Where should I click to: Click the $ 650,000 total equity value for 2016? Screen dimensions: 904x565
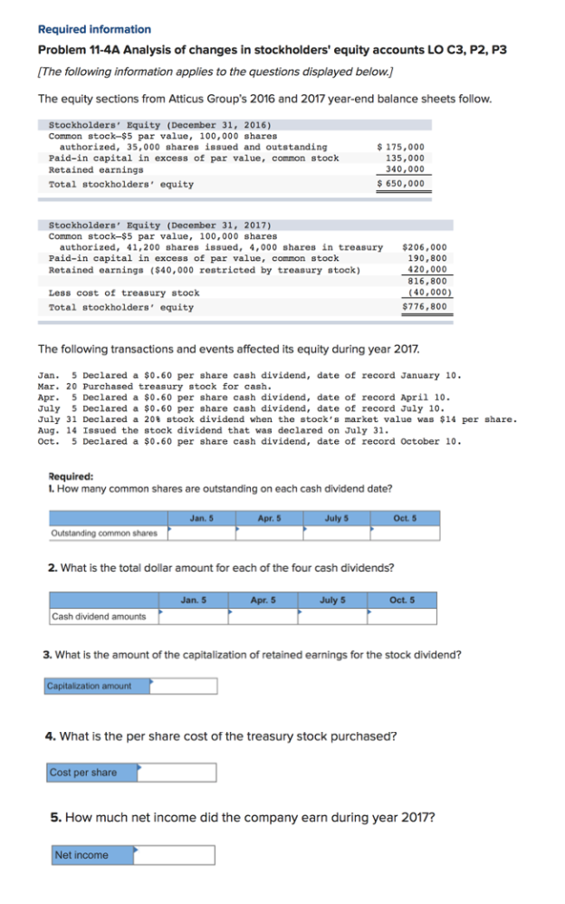400,184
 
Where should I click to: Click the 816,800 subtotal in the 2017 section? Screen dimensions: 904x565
428,281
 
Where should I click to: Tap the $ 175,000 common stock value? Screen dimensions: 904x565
400,147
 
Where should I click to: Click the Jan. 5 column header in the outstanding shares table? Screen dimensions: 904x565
201,518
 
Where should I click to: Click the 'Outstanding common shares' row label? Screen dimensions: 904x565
104,533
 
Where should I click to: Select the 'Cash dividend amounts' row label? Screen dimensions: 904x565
100,616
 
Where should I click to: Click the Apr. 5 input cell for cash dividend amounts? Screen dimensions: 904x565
263,616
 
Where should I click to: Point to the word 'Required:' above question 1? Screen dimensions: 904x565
70,476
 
